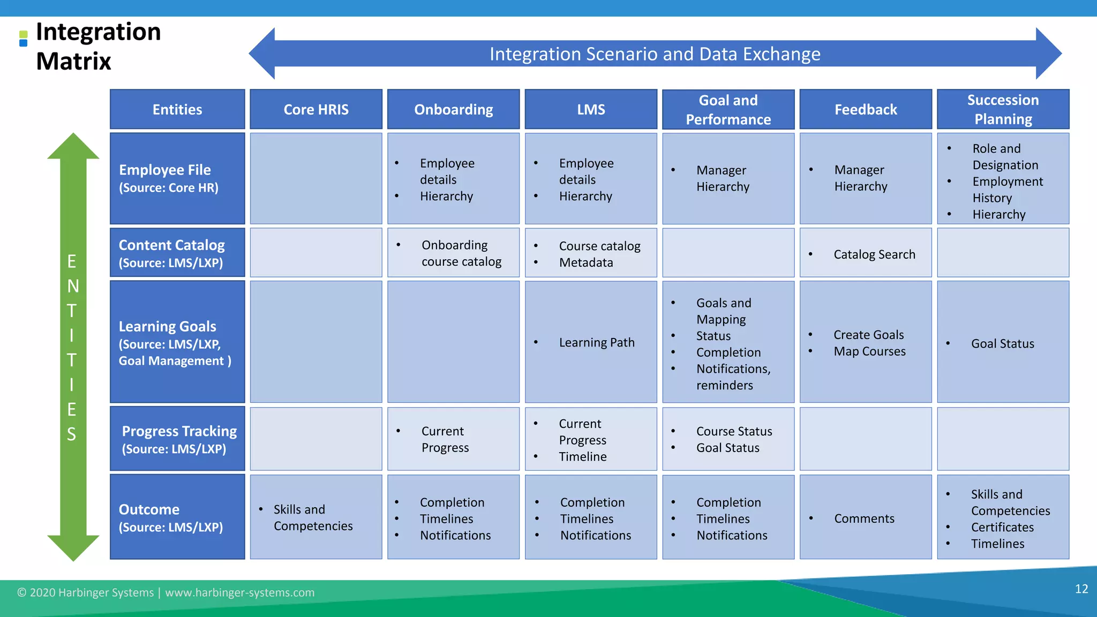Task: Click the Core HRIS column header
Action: coord(316,109)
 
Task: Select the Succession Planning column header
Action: coord(1003,109)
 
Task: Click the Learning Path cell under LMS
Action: coord(596,342)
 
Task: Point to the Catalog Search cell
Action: coord(874,254)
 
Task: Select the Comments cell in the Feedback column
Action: coord(863,518)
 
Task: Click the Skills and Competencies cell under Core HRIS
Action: coord(313,517)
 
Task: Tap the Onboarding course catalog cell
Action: coord(461,253)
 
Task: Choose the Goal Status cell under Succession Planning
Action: coord(1002,344)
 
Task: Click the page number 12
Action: coord(1081,589)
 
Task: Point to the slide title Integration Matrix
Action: coord(98,46)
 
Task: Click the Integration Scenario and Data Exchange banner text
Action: coord(655,54)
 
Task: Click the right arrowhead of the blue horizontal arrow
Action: coord(1050,54)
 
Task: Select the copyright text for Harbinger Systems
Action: coord(166,593)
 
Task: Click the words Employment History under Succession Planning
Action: coord(1007,190)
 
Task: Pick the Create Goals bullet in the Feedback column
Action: coord(868,335)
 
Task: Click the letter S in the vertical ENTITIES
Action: coord(72,434)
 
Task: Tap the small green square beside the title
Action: coord(23,34)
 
